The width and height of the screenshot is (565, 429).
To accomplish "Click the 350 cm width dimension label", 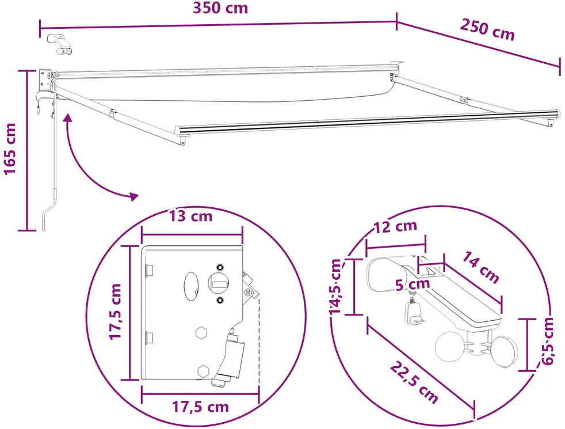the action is pos(220,8).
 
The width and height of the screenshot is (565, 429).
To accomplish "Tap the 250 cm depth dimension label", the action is pos(487,30).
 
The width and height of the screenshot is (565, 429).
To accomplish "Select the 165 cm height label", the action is pos(10,149).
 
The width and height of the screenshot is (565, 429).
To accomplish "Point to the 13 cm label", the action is pos(191,216).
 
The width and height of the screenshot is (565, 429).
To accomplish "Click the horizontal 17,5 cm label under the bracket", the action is pos(200,407).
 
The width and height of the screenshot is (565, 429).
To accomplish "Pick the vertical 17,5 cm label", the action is pos(116,312).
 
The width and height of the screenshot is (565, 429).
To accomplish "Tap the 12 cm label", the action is pos(396,227).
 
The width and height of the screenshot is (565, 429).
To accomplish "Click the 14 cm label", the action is pos(480,267).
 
